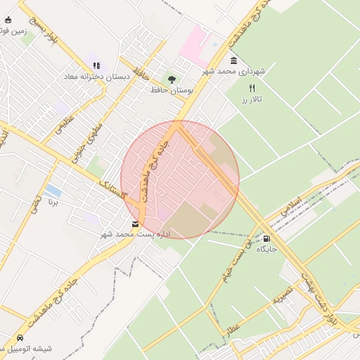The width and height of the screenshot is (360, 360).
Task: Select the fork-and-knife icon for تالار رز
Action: coord(252,88)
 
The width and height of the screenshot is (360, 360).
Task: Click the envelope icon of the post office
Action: coord(135,224)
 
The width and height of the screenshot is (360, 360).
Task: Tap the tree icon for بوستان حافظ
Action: coord(171,79)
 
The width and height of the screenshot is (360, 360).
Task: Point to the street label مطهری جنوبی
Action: coord(91,139)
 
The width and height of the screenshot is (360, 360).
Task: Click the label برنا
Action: coord(53,202)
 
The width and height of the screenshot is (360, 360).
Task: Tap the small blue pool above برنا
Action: coord(52,191)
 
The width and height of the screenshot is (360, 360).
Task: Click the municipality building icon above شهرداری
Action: coord(233,61)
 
